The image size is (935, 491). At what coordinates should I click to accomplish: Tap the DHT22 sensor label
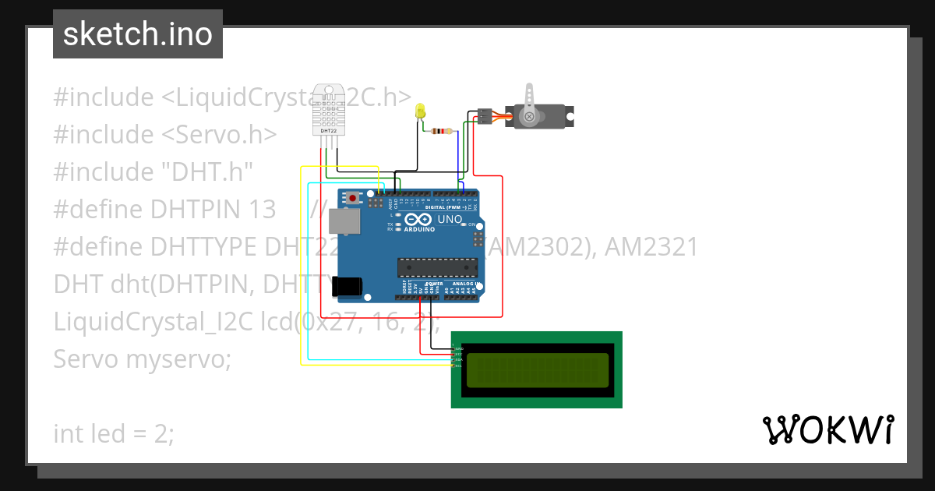click(329, 131)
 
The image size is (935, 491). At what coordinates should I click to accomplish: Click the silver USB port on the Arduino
click(345, 221)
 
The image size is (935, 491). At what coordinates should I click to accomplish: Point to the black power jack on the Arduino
click(348, 286)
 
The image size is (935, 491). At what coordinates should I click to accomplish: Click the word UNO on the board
click(450, 221)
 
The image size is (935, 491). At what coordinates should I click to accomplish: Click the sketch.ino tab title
click(138, 34)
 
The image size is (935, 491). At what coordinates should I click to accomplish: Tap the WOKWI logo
click(827, 429)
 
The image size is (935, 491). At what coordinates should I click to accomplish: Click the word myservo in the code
click(178, 359)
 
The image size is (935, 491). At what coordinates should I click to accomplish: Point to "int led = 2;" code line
click(114, 433)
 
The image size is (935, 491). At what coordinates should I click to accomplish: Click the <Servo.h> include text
click(219, 135)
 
